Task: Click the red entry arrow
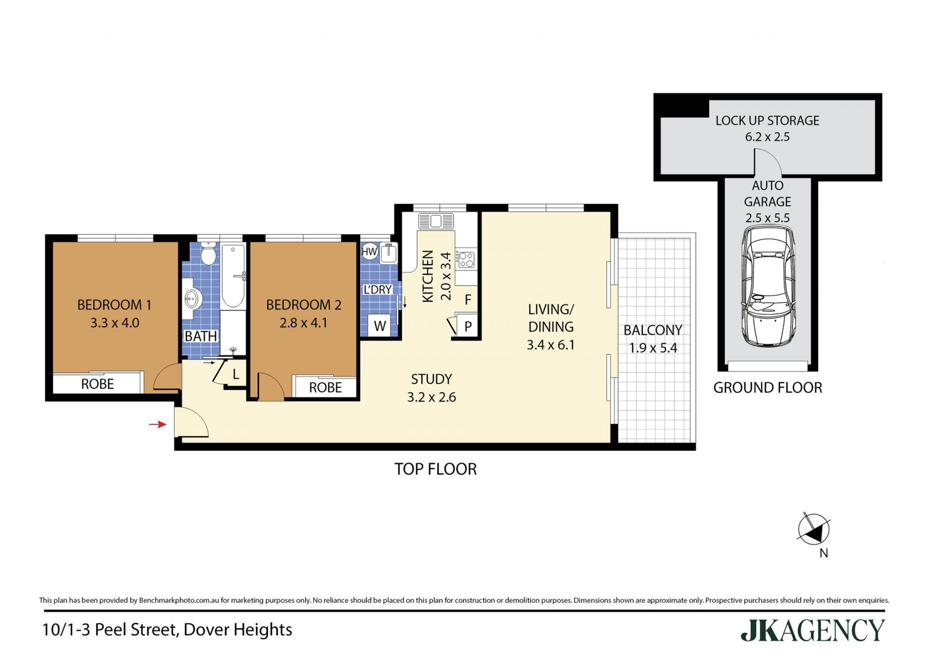(x=158, y=424)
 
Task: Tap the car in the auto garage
(x=768, y=286)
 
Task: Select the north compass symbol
(x=814, y=529)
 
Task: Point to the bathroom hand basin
(x=192, y=299)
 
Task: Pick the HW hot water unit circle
(x=369, y=251)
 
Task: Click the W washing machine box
(x=380, y=326)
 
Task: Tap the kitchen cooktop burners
(x=466, y=260)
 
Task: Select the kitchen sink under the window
(x=436, y=221)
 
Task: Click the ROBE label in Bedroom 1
(x=97, y=384)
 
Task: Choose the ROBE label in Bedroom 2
(x=326, y=387)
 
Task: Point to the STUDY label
(x=432, y=379)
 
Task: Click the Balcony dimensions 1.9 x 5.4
(x=653, y=348)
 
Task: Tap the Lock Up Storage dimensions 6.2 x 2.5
(x=767, y=137)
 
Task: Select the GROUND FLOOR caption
(x=768, y=388)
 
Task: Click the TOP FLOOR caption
(x=436, y=469)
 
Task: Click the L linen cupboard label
(x=236, y=374)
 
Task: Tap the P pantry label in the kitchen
(x=468, y=327)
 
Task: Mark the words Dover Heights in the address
(x=238, y=630)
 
